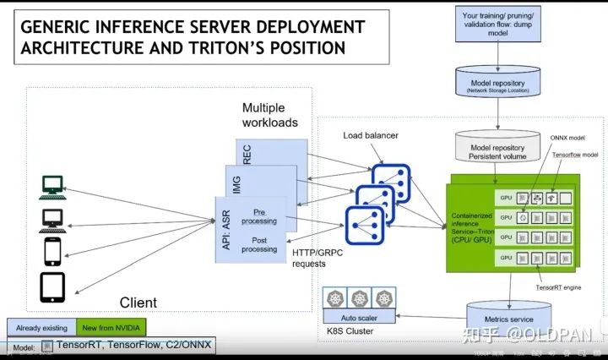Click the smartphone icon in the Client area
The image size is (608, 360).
52,251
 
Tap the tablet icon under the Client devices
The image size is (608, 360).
52,286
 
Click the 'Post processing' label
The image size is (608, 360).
259,244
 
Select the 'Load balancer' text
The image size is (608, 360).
370,135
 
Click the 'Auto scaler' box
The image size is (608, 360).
361,318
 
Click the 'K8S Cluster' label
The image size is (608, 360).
350,332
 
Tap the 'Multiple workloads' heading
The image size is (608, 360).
270,115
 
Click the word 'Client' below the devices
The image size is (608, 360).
138,302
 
